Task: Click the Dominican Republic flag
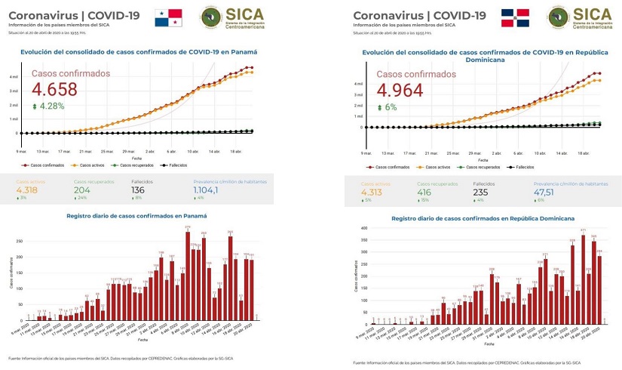click(515, 17)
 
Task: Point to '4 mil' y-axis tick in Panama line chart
click(14, 77)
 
